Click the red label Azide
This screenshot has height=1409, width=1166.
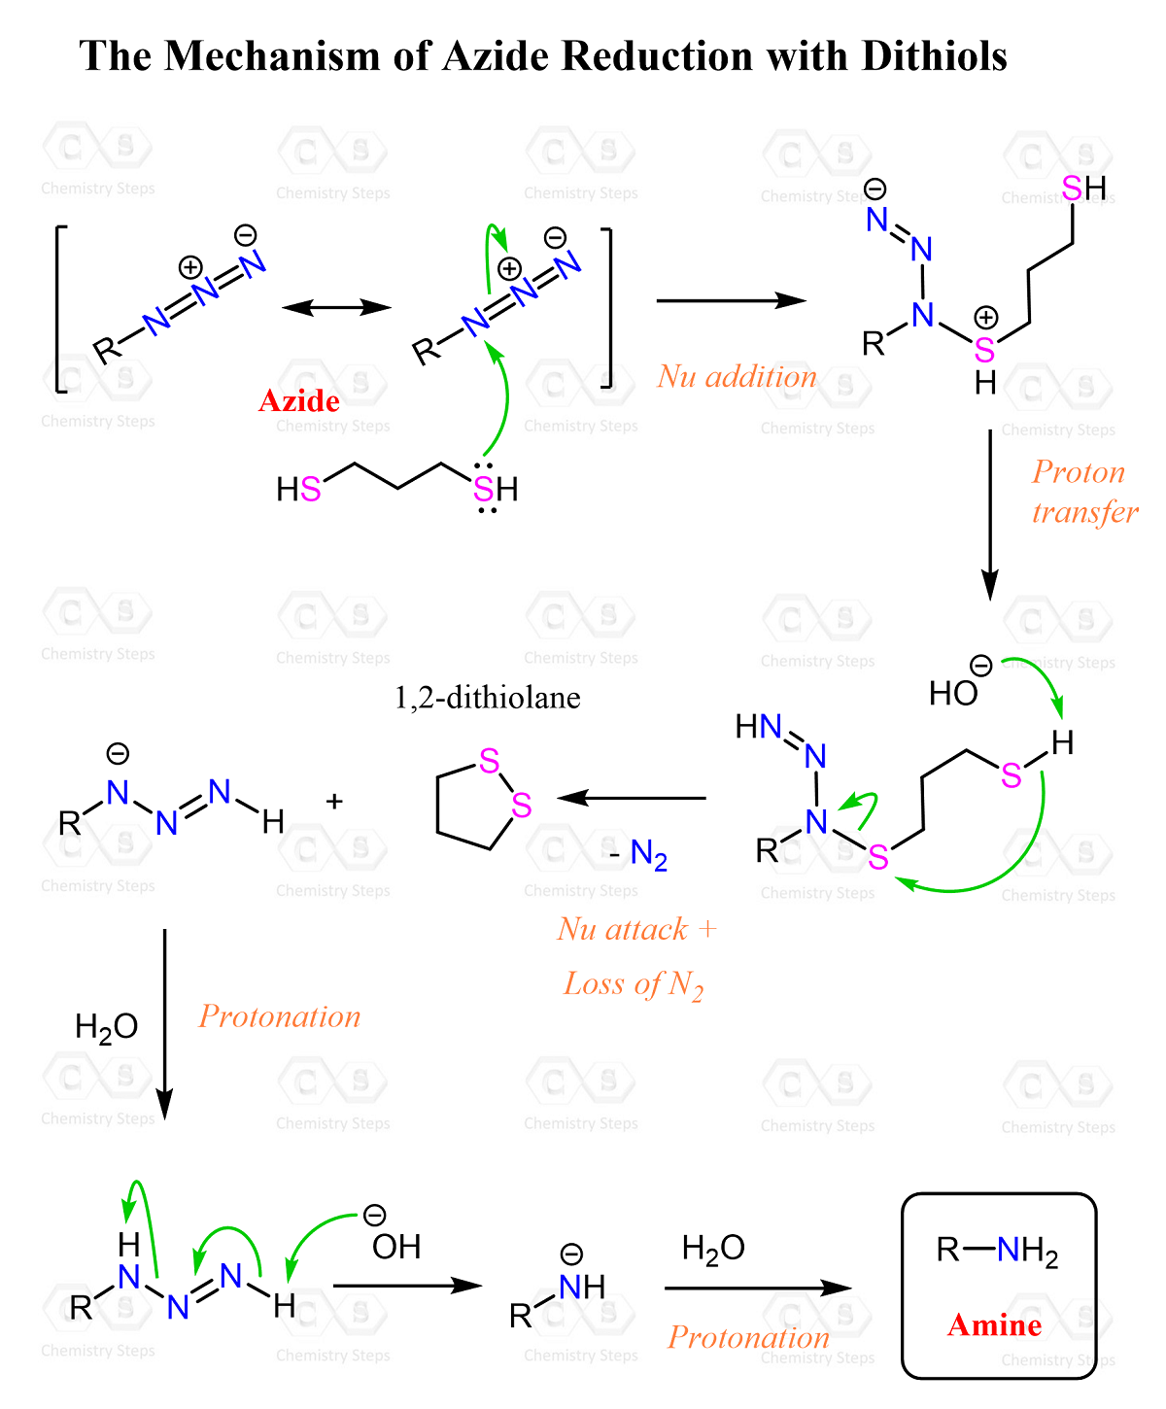(299, 400)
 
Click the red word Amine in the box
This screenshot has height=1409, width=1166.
(994, 1324)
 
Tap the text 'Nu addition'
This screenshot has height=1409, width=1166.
(737, 376)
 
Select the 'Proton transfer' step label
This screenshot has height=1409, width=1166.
(1084, 492)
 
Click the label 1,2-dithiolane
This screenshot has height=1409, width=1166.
(487, 697)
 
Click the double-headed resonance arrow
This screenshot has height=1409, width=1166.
(336, 308)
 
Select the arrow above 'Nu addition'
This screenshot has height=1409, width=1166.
(732, 300)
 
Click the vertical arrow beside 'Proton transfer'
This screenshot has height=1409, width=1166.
(990, 514)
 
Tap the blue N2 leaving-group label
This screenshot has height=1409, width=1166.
(648, 854)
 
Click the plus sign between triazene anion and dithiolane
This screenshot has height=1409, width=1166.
(334, 801)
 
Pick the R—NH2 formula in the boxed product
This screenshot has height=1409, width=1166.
(997, 1251)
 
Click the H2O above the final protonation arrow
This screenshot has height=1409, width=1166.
(713, 1248)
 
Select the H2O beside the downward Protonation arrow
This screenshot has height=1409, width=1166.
(107, 1027)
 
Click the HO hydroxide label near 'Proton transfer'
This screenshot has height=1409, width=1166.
(953, 693)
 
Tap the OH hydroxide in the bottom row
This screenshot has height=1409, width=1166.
(396, 1247)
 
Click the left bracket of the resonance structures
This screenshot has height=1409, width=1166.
(60, 308)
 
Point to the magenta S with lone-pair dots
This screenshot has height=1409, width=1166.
(484, 489)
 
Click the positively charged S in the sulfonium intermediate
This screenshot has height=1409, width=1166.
(984, 350)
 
